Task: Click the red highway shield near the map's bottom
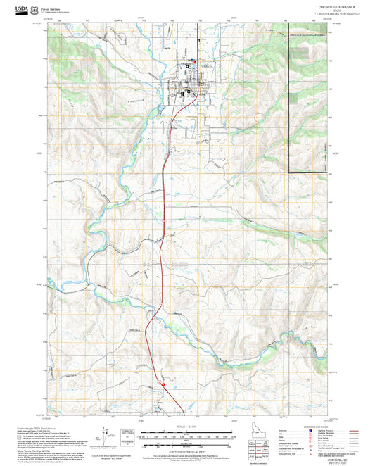[162, 384]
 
